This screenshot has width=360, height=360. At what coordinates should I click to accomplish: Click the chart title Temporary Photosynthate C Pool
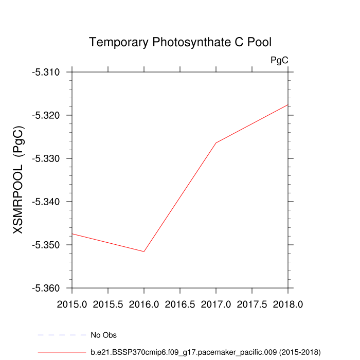(179, 42)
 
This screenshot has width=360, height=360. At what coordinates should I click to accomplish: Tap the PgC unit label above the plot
(279, 61)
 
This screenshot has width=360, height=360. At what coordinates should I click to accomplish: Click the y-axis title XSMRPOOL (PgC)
(19, 180)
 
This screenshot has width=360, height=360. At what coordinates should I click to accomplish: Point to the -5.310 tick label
(47, 72)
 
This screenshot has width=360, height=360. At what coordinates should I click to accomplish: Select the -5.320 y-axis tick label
(47, 115)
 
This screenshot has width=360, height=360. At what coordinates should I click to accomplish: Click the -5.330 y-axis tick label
(47, 158)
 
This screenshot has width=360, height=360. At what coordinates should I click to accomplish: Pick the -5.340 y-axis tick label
(47, 202)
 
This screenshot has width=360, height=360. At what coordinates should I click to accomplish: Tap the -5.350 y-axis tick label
(47, 245)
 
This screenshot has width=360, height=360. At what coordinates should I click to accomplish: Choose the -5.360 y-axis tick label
(47, 288)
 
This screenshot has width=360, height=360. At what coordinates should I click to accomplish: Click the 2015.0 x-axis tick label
(72, 304)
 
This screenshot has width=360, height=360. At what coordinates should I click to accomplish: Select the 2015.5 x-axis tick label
(108, 304)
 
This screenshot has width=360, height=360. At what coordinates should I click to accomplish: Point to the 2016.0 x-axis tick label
(144, 304)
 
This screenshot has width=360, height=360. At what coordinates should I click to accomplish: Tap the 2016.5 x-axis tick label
(180, 304)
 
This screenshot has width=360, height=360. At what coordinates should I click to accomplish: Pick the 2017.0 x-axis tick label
(216, 304)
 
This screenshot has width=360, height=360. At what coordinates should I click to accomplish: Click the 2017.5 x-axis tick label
(252, 304)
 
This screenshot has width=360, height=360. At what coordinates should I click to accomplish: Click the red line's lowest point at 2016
(144, 251)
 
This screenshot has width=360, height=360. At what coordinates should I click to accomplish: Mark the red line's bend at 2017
(216, 142)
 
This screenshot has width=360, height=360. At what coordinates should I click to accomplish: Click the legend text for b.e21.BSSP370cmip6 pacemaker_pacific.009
(206, 352)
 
